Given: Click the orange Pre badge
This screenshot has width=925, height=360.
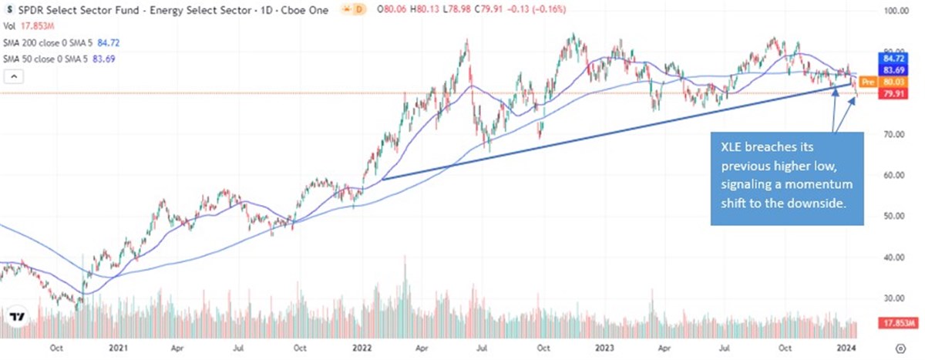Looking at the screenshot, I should (867, 81).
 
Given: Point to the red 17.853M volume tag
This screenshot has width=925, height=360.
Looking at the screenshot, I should (879, 325).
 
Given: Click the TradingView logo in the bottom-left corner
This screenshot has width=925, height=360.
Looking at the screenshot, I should (17, 317).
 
